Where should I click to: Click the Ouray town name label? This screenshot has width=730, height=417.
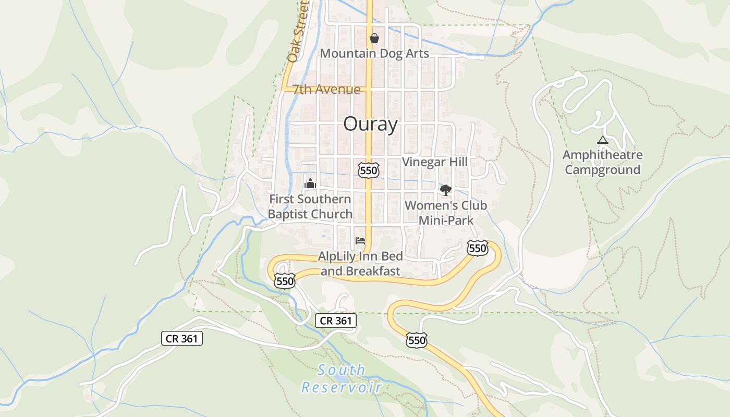370,124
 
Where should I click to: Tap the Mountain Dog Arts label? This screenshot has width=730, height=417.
374,53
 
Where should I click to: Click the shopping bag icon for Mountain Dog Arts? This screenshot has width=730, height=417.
374,38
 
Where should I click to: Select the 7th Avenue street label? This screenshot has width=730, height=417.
326,90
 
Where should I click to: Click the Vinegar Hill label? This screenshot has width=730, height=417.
435,162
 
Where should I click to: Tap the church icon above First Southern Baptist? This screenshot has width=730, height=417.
310,183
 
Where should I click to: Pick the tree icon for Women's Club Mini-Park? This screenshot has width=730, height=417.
445,190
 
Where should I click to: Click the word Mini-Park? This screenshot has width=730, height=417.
446,220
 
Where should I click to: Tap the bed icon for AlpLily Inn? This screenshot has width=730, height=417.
360,241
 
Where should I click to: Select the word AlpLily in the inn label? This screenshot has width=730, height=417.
337,256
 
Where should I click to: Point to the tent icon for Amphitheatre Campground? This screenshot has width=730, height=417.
602,140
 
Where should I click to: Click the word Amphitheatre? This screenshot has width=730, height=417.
602,155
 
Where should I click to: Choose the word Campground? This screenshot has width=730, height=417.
602,170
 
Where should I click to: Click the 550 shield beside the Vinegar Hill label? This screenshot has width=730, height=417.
368,170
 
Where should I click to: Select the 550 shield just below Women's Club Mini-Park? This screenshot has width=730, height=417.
477,248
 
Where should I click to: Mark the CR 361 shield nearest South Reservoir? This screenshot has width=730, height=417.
335,321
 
